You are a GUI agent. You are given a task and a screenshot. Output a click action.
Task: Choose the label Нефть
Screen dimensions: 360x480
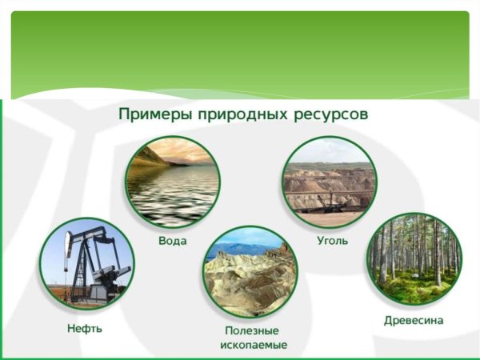pos(85,328)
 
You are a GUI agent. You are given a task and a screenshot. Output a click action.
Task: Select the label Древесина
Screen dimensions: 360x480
pos(414,320)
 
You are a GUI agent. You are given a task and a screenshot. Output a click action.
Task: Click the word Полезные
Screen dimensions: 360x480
pos(253,330)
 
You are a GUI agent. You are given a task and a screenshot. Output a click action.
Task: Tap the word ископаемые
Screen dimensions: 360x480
pos(253,345)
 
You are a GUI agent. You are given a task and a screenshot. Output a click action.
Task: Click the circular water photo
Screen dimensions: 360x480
pos(172,182)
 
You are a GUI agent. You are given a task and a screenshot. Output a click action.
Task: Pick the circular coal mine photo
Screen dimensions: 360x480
pos(329,182)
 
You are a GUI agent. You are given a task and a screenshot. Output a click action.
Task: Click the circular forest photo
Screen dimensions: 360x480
pos(414,258)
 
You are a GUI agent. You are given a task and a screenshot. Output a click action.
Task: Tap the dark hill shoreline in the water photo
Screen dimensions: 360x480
pos(148,156)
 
